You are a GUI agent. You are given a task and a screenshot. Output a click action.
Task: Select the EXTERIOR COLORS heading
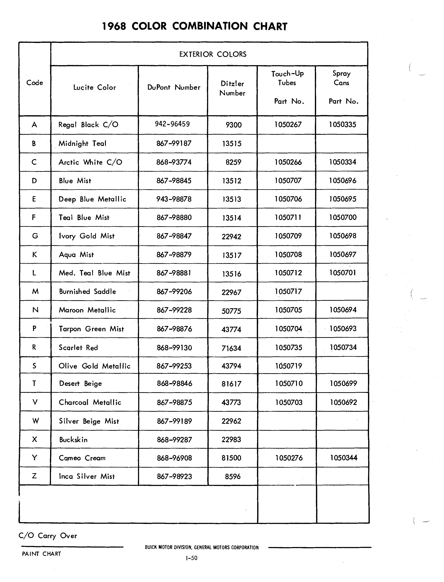pos(213,55)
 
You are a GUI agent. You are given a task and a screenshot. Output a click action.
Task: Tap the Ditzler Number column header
pos(232,88)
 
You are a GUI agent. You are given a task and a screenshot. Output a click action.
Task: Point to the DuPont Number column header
pos(174,88)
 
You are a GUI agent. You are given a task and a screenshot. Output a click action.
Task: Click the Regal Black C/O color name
pos(88,125)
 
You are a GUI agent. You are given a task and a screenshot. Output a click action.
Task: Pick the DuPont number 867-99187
pos(174,143)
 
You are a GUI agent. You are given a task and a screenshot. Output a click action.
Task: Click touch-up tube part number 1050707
pos(288,181)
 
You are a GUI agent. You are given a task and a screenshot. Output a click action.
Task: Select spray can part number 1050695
pos(343,199)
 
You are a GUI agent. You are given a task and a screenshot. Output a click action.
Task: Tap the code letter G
pos(35,236)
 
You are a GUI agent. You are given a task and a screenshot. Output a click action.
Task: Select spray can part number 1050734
pos(343,347)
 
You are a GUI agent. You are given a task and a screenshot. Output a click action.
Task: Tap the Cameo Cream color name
pos(82,458)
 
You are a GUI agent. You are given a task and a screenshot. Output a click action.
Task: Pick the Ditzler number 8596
pos(233,477)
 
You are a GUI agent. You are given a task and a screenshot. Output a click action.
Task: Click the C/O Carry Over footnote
pos(48,536)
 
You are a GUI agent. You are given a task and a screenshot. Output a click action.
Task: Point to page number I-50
pos(192,558)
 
